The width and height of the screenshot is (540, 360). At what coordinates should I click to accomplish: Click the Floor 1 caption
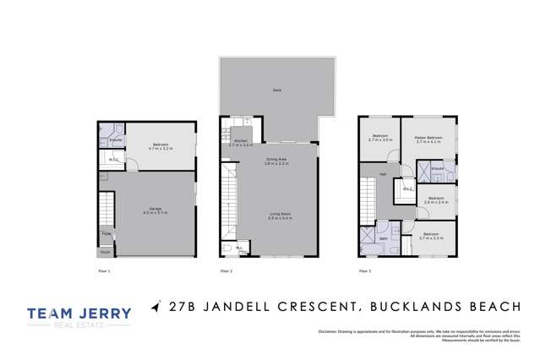pyautogui.click(x=105, y=270)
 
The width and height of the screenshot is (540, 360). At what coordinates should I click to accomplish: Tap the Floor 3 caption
pyautogui.click(x=365, y=270)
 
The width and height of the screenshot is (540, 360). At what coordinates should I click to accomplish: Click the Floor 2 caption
pyautogui.click(x=226, y=270)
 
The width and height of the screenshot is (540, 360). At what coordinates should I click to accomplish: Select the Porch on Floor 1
pyautogui.click(x=106, y=251)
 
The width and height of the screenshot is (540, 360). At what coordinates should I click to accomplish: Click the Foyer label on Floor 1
pyautogui.click(x=106, y=233)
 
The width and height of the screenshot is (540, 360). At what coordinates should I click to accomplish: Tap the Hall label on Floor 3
pyautogui.click(x=384, y=175)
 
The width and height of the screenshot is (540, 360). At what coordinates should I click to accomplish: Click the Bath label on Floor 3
pyautogui.click(x=383, y=238)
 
